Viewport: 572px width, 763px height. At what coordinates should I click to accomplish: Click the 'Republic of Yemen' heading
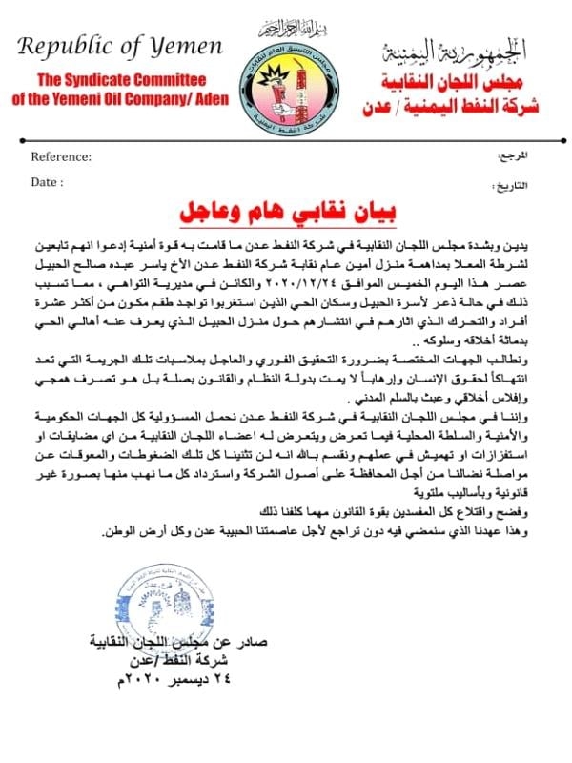pyautogui.click(x=121, y=47)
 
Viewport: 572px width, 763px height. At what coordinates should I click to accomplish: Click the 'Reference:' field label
pyautogui.click(x=61, y=156)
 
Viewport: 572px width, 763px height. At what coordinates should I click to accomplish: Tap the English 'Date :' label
pyautogui.click(x=48, y=180)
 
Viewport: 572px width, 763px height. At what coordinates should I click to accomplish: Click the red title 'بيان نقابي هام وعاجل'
pyautogui.click(x=287, y=210)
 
